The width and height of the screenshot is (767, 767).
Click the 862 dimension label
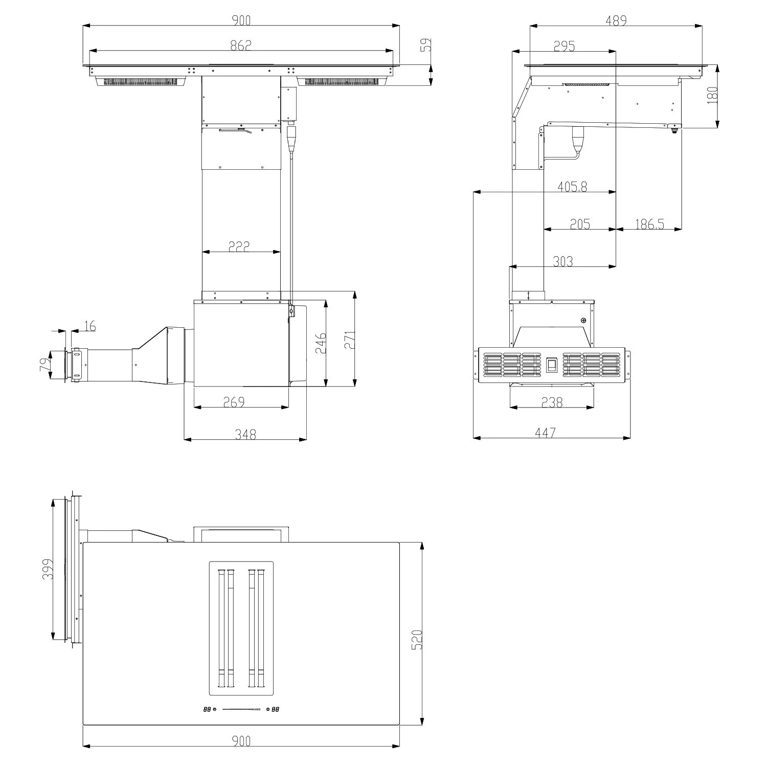tap(241, 45)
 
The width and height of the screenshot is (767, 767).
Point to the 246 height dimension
tap(321, 344)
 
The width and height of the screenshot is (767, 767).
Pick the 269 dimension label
tap(234, 402)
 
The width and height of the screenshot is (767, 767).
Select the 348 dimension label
tap(245, 434)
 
